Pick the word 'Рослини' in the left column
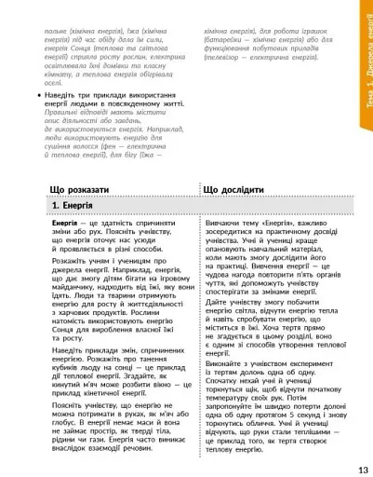(142, 327)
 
